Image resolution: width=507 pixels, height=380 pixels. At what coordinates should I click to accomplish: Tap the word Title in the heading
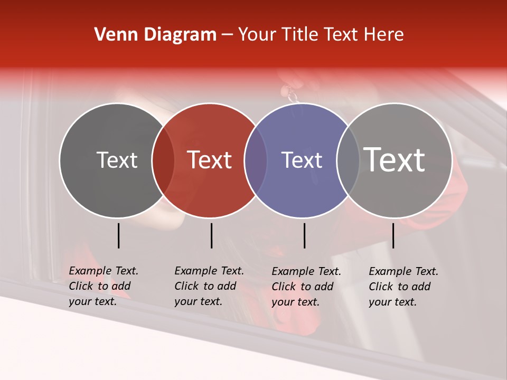(x=299, y=35)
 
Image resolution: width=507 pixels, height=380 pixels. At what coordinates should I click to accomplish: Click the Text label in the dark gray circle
(x=117, y=160)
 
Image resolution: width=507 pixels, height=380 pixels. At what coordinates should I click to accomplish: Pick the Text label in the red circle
(x=210, y=160)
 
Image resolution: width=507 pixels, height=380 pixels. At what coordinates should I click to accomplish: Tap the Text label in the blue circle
(x=302, y=160)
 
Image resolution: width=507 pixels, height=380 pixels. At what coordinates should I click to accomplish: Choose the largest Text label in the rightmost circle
(x=395, y=160)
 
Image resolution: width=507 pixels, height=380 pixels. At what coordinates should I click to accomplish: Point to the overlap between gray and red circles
(x=163, y=160)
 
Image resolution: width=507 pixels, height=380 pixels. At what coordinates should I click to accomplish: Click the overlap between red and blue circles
(x=256, y=160)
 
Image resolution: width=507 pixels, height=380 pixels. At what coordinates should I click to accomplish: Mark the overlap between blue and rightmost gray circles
(x=348, y=160)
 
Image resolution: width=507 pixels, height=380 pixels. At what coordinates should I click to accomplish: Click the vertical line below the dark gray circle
(x=118, y=235)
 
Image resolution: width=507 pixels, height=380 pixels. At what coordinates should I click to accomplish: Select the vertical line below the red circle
(x=211, y=235)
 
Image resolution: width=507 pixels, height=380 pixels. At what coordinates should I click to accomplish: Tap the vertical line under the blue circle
(x=304, y=235)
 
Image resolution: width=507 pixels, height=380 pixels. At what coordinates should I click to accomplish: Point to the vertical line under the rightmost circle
(x=393, y=235)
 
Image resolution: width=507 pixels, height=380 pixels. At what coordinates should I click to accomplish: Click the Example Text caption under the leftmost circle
(x=104, y=286)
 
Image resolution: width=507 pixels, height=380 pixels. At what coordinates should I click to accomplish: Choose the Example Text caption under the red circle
(x=209, y=286)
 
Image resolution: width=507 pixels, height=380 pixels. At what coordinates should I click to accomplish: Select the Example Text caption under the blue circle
(x=306, y=287)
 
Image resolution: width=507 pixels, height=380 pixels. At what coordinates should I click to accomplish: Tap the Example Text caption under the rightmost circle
(x=403, y=287)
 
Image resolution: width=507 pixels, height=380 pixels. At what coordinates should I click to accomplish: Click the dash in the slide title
(x=227, y=35)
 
